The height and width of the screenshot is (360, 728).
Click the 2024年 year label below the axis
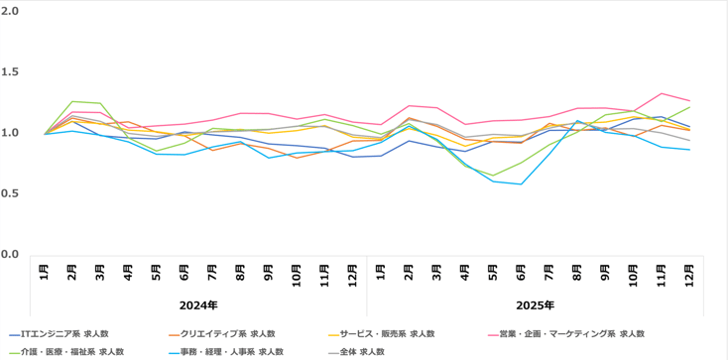[198, 304]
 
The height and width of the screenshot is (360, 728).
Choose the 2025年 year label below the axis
[536, 304]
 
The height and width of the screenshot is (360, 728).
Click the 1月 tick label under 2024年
[45, 274]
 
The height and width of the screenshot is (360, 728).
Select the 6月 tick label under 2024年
[184, 274]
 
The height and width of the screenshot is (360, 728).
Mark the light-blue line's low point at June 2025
[522, 183]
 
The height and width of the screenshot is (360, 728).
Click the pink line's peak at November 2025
[662, 93]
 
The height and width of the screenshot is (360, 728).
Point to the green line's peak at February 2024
[71, 101]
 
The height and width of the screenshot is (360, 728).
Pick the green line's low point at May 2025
[493, 176]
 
